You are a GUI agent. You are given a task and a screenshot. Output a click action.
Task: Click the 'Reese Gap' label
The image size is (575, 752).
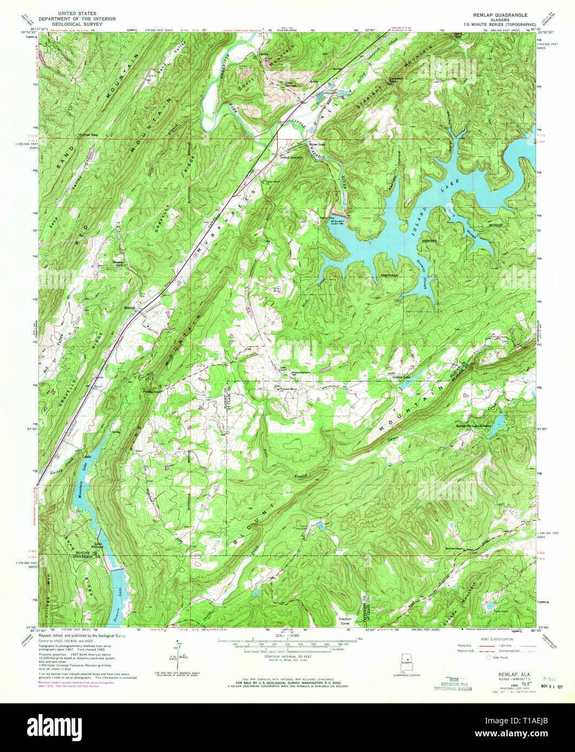point(118,263)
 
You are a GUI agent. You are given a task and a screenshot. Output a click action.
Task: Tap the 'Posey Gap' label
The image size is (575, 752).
point(152,391)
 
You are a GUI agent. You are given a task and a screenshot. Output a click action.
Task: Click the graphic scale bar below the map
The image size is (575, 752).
point(287,644)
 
